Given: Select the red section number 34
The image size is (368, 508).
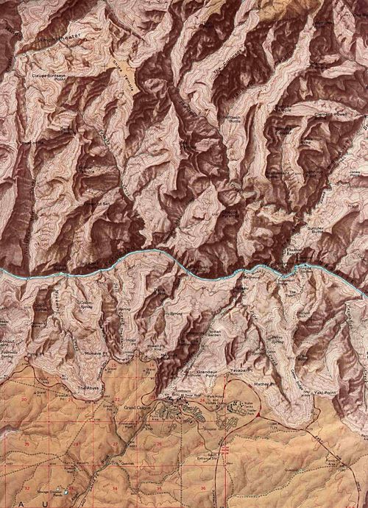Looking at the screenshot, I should pyautogui.click(x=116, y=487).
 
